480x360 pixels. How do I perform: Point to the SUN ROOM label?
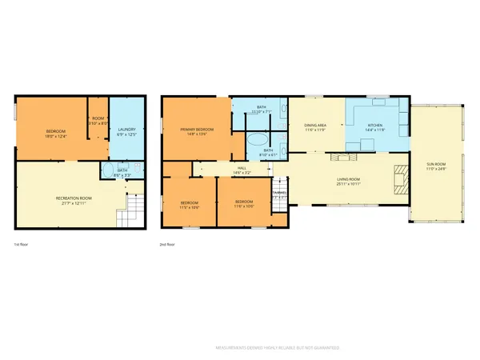point(436,164)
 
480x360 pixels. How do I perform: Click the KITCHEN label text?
point(374,126)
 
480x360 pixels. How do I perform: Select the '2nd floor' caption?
point(169,245)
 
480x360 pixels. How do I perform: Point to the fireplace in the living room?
point(398,178)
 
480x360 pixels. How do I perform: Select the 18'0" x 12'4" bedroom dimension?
point(55,137)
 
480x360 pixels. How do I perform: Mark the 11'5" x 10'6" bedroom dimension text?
point(190,207)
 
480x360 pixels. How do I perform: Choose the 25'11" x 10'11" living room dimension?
point(349,185)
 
